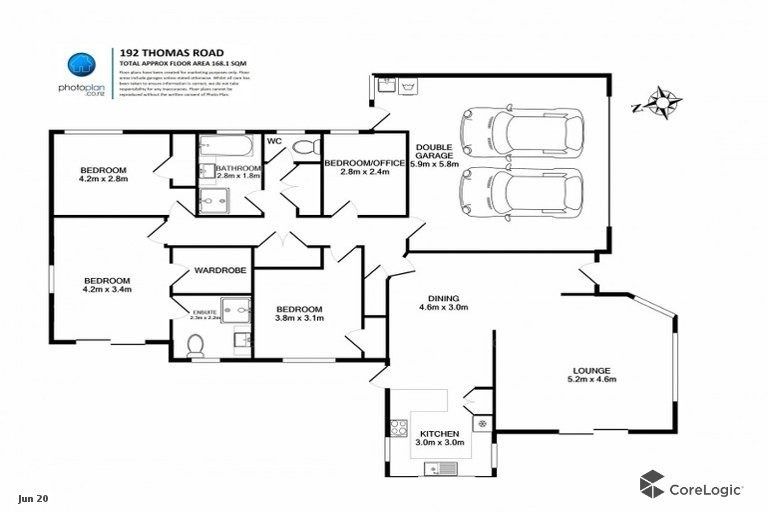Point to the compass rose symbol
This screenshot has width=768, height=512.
[x=659, y=102]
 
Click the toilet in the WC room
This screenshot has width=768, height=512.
[x=303, y=148]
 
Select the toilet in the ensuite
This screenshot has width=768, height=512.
[x=197, y=345]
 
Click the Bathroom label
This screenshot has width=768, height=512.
[x=238, y=167]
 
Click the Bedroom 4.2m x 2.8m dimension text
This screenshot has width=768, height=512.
[x=104, y=180]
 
